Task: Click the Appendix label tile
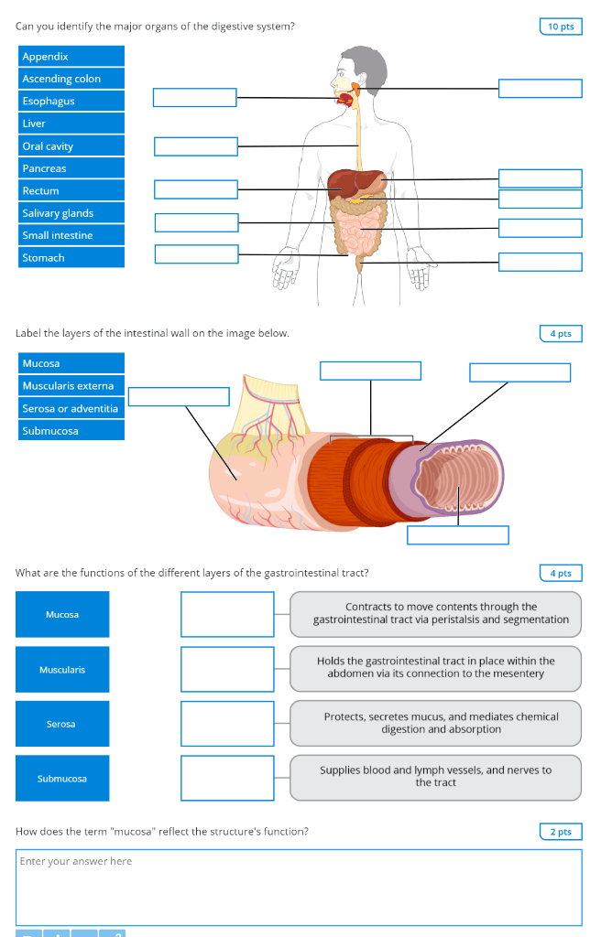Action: pos(71,57)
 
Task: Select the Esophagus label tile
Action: pos(71,102)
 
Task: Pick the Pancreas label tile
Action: pos(71,168)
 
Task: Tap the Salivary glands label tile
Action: pos(71,213)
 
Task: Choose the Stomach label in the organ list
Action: pos(71,258)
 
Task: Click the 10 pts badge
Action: pos(561,27)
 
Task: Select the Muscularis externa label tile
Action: pos(71,386)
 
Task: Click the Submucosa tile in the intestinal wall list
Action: pos(71,431)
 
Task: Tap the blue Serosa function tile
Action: pos(61,724)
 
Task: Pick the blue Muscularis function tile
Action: pos(61,670)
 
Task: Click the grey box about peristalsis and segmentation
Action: pos(435,614)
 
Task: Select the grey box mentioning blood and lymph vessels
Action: pos(435,777)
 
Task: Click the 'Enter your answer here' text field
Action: pos(299,887)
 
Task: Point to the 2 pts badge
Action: pos(561,832)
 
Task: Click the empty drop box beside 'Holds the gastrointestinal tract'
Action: pos(227,669)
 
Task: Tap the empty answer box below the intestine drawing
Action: pos(457,535)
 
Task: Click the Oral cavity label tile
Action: pos(71,146)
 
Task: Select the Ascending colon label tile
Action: pos(71,79)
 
